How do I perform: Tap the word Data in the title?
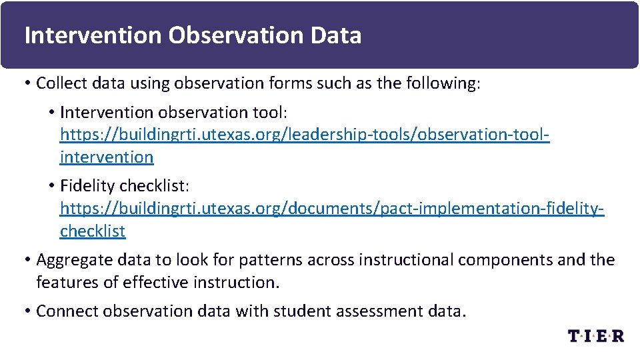point(336,35)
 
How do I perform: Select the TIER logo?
point(596,335)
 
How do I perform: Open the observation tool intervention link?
point(305,135)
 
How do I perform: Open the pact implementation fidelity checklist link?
point(332,209)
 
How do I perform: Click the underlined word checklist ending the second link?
point(93,231)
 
